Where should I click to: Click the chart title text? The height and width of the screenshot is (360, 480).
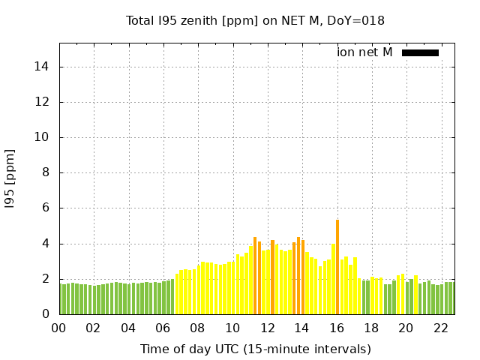pos(255,20)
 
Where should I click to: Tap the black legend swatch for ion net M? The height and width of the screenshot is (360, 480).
pos(420,52)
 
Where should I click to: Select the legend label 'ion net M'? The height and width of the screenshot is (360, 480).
pos(364,52)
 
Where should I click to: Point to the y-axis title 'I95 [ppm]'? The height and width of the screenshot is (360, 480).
pos(10,178)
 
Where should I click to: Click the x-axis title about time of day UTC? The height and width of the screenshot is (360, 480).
pos(255,349)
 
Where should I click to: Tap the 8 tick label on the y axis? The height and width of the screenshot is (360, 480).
pos(46,172)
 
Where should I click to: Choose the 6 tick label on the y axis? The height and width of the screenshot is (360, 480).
pos(46,208)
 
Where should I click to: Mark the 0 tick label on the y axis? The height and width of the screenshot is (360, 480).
pos(46,314)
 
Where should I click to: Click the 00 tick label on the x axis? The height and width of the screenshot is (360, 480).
pos(58,328)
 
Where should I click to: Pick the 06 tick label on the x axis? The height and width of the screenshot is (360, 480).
pos(163,328)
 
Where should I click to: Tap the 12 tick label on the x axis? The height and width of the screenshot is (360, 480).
pos(267,328)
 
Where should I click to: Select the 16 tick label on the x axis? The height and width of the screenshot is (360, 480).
pos(337,328)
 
